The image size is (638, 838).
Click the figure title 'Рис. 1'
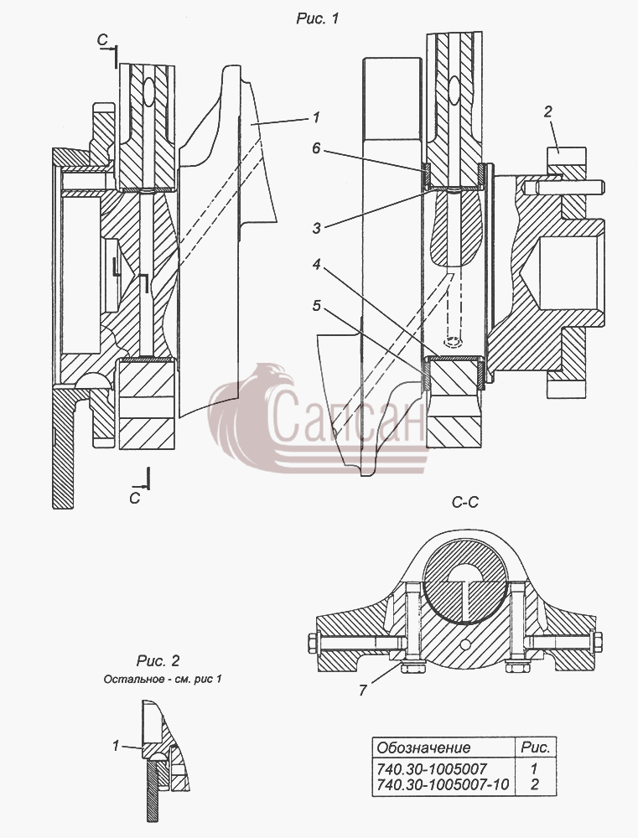point(318,18)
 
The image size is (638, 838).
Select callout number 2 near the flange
point(547,111)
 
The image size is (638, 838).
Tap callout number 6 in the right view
point(316,148)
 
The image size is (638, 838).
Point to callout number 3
point(317,228)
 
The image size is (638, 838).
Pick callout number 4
point(317,264)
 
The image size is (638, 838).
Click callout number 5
point(317,306)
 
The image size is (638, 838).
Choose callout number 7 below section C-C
point(363,691)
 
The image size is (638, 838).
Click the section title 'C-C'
point(464,502)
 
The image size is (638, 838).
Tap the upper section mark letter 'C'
point(102,39)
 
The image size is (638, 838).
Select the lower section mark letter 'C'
point(135,498)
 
